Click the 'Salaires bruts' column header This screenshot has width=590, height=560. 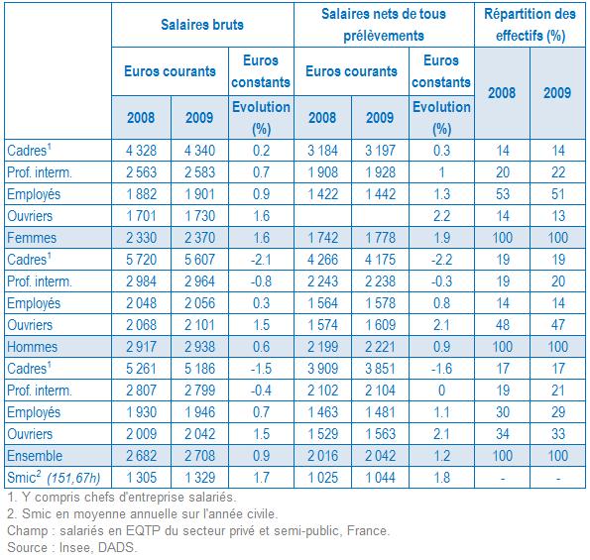click(x=202, y=25)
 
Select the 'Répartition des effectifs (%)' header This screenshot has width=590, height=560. click(x=530, y=25)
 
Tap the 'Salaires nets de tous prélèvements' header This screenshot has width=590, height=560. click(x=384, y=25)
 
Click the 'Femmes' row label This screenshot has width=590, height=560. click(x=32, y=238)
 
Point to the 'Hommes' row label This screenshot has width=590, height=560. click(x=33, y=347)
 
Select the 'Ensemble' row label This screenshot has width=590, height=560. click(x=35, y=456)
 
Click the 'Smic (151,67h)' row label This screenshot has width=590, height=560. click(x=54, y=478)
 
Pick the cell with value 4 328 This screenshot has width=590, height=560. click(x=141, y=151)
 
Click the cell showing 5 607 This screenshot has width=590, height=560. click(x=199, y=260)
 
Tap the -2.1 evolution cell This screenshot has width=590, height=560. click(x=261, y=260)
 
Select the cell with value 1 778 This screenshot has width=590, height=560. click(x=380, y=238)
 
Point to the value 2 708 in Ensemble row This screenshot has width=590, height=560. click(x=199, y=456)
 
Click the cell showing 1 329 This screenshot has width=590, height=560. click(x=199, y=478)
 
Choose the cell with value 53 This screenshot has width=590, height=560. click(x=503, y=194)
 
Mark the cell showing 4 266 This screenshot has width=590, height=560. click(x=322, y=260)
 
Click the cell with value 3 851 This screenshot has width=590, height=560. click(x=380, y=369)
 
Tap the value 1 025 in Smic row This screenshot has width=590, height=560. click(x=322, y=478)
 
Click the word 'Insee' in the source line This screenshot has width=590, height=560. click(x=75, y=547)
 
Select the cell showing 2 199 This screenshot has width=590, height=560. click(x=322, y=347)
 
